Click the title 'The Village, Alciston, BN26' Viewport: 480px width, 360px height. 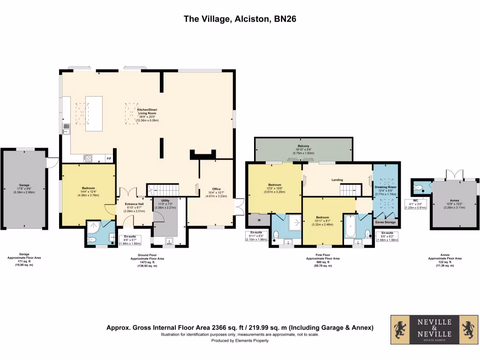(x=240, y=19)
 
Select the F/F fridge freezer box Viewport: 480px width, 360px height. (x=109, y=158)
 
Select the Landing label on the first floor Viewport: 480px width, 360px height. (x=337, y=180)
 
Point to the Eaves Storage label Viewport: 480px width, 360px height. (x=385, y=222)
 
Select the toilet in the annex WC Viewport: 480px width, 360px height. (x=419, y=187)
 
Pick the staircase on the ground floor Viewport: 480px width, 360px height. (x=164, y=190)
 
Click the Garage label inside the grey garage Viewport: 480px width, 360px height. (x=24, y=185)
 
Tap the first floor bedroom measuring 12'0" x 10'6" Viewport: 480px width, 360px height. (x=274, y=187)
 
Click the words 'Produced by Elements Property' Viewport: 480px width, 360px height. (x=240, y=341)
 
